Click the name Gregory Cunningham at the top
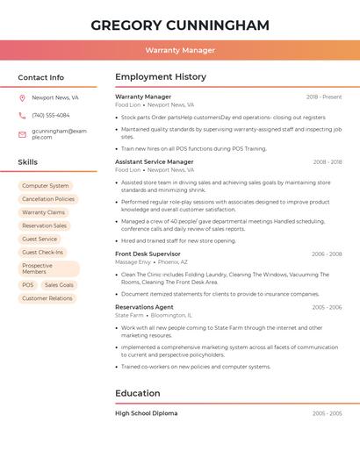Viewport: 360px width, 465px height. point(180,25)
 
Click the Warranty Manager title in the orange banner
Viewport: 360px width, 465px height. point(180,50)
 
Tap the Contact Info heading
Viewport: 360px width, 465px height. point(40,77)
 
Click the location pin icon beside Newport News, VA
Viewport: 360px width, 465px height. point(22,98)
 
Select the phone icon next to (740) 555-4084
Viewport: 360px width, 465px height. point(22,115)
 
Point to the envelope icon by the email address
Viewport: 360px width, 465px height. point(22,134)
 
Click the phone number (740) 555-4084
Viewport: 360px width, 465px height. point(51,115)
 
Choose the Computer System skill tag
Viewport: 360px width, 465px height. point(45,186)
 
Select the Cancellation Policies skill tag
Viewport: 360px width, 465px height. point(48,199)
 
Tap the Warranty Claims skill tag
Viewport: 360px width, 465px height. point(43,212)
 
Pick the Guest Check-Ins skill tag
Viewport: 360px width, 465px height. point(42,252)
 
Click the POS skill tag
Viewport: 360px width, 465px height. point(28,285)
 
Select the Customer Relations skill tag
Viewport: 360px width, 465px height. point(47,298)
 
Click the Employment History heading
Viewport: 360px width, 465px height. point(160,77)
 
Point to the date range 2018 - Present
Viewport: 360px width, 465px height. point(324,97)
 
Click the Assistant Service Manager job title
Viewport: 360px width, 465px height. point(154,161)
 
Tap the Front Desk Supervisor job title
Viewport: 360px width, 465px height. point(148,254)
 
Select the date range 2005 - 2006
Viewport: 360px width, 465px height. point(327,307)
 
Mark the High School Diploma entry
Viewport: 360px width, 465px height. point(146,412)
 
